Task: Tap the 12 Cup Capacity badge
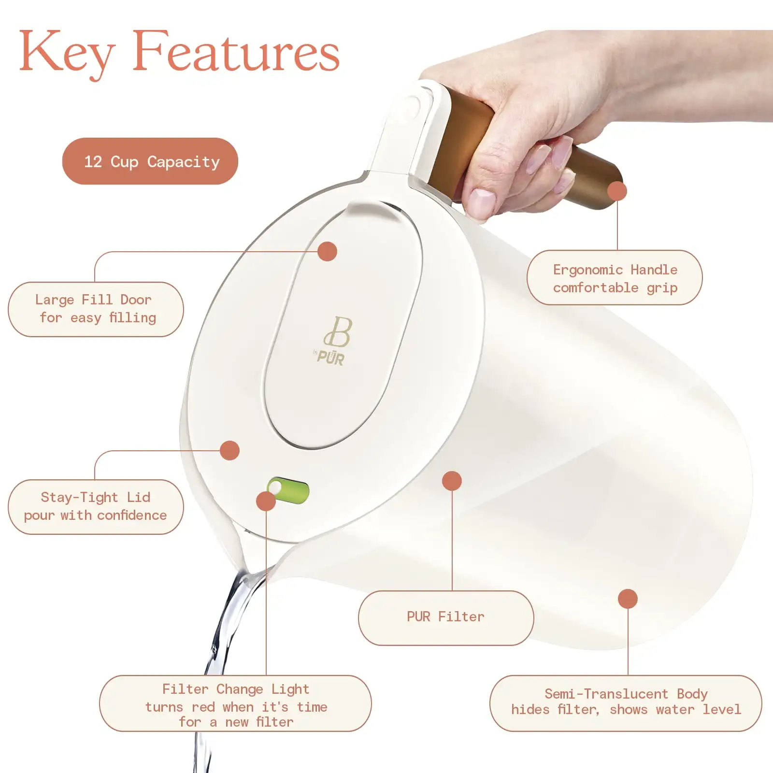click(150, 161)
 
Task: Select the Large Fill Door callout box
click(96, 309)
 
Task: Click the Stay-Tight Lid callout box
click(96, 507)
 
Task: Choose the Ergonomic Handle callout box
click(615, 278)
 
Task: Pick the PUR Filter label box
click(445, 617)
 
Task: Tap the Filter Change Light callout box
click(235, 704)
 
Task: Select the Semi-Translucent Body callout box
click(625, 703)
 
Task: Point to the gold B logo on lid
click(339, 332)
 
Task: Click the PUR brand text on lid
click(330, 358)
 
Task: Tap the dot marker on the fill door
click(327, 251)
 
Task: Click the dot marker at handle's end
click(617, 191)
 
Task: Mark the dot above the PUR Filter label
click(452, 481)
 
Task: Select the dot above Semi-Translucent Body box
click(628, 599)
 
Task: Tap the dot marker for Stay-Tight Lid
click(229, 450)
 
